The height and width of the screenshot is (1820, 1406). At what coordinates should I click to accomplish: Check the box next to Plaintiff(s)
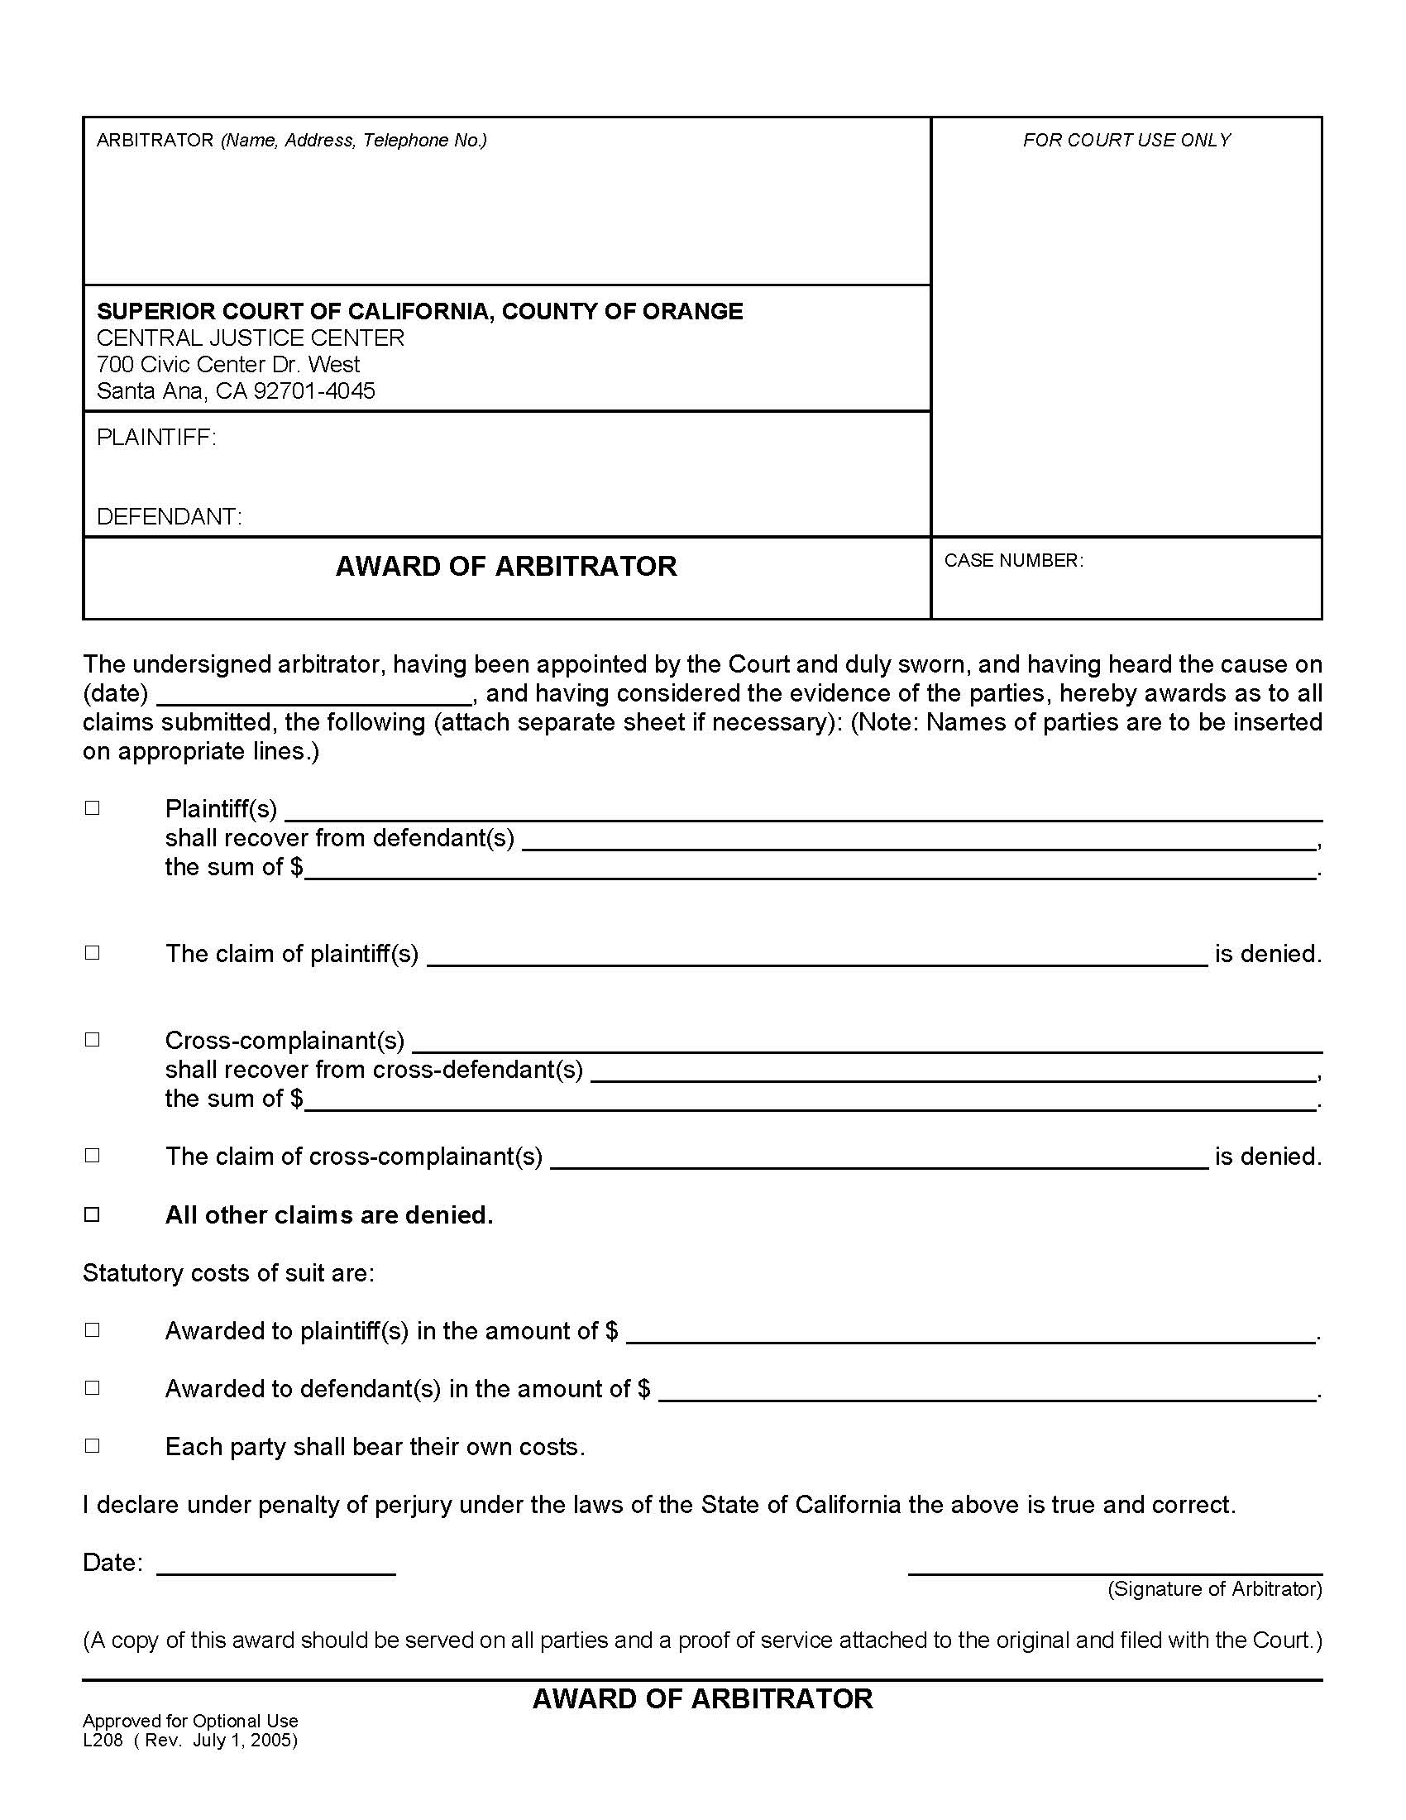click(x=93, y=808)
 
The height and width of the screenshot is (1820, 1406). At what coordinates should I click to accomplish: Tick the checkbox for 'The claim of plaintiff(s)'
click(x=93, y=952)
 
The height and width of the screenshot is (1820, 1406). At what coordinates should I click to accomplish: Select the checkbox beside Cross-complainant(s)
click(x=93, y=1040)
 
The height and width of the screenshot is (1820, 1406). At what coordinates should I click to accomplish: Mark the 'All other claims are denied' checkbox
click(x=93, y=1214)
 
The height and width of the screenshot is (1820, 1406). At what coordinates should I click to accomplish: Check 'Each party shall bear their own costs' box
click(x=93, y=1446)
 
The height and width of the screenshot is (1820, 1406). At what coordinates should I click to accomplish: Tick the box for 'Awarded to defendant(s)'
click(x=93, y=1387)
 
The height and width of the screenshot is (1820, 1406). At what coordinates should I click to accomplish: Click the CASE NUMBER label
click(x=1013, y=561)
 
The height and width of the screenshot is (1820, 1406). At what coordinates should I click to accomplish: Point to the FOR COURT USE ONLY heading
click(x=1126, y=141)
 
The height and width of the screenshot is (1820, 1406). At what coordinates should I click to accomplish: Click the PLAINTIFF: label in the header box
click(x=156, y=438)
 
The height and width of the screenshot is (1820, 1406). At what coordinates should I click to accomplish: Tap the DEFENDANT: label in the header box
click(x=169, y=517)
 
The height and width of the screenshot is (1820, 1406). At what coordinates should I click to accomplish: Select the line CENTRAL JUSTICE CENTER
click(x=250, y=338)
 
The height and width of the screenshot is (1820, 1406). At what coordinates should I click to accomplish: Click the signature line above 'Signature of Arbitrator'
click(x=1115, y=1571)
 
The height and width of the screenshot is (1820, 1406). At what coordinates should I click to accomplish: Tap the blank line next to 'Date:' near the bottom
click(x=275, y=1571)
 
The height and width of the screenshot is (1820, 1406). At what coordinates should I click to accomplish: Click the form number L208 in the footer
click(x=103, y=1740)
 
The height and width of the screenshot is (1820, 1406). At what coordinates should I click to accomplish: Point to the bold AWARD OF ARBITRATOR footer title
click(x=702, y=1698)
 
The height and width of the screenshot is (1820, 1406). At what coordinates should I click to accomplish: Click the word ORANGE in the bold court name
click(x=692, y=312)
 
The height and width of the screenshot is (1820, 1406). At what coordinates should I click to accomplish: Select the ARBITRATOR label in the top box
click(x=155, y=141)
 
